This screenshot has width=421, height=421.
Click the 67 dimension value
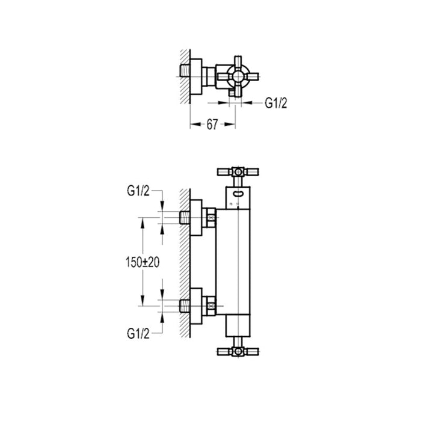coord(212,124)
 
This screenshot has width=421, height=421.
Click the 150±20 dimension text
coord(143,263)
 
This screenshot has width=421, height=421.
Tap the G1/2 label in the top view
coord(277,103)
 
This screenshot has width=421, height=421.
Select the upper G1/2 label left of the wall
coord(139,191)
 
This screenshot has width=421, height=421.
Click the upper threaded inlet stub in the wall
coord(185,217)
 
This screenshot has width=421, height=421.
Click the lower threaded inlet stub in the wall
coord(185,306)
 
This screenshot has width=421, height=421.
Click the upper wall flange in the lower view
coord(197,217)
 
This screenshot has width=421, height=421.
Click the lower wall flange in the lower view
coord(197,306)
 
